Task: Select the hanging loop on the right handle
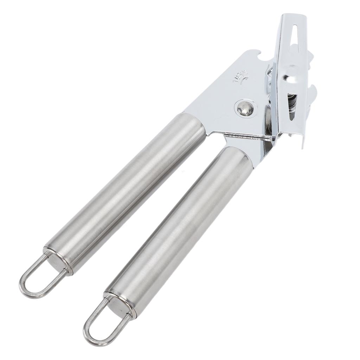point(102,320)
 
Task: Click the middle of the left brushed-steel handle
point(127,190)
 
